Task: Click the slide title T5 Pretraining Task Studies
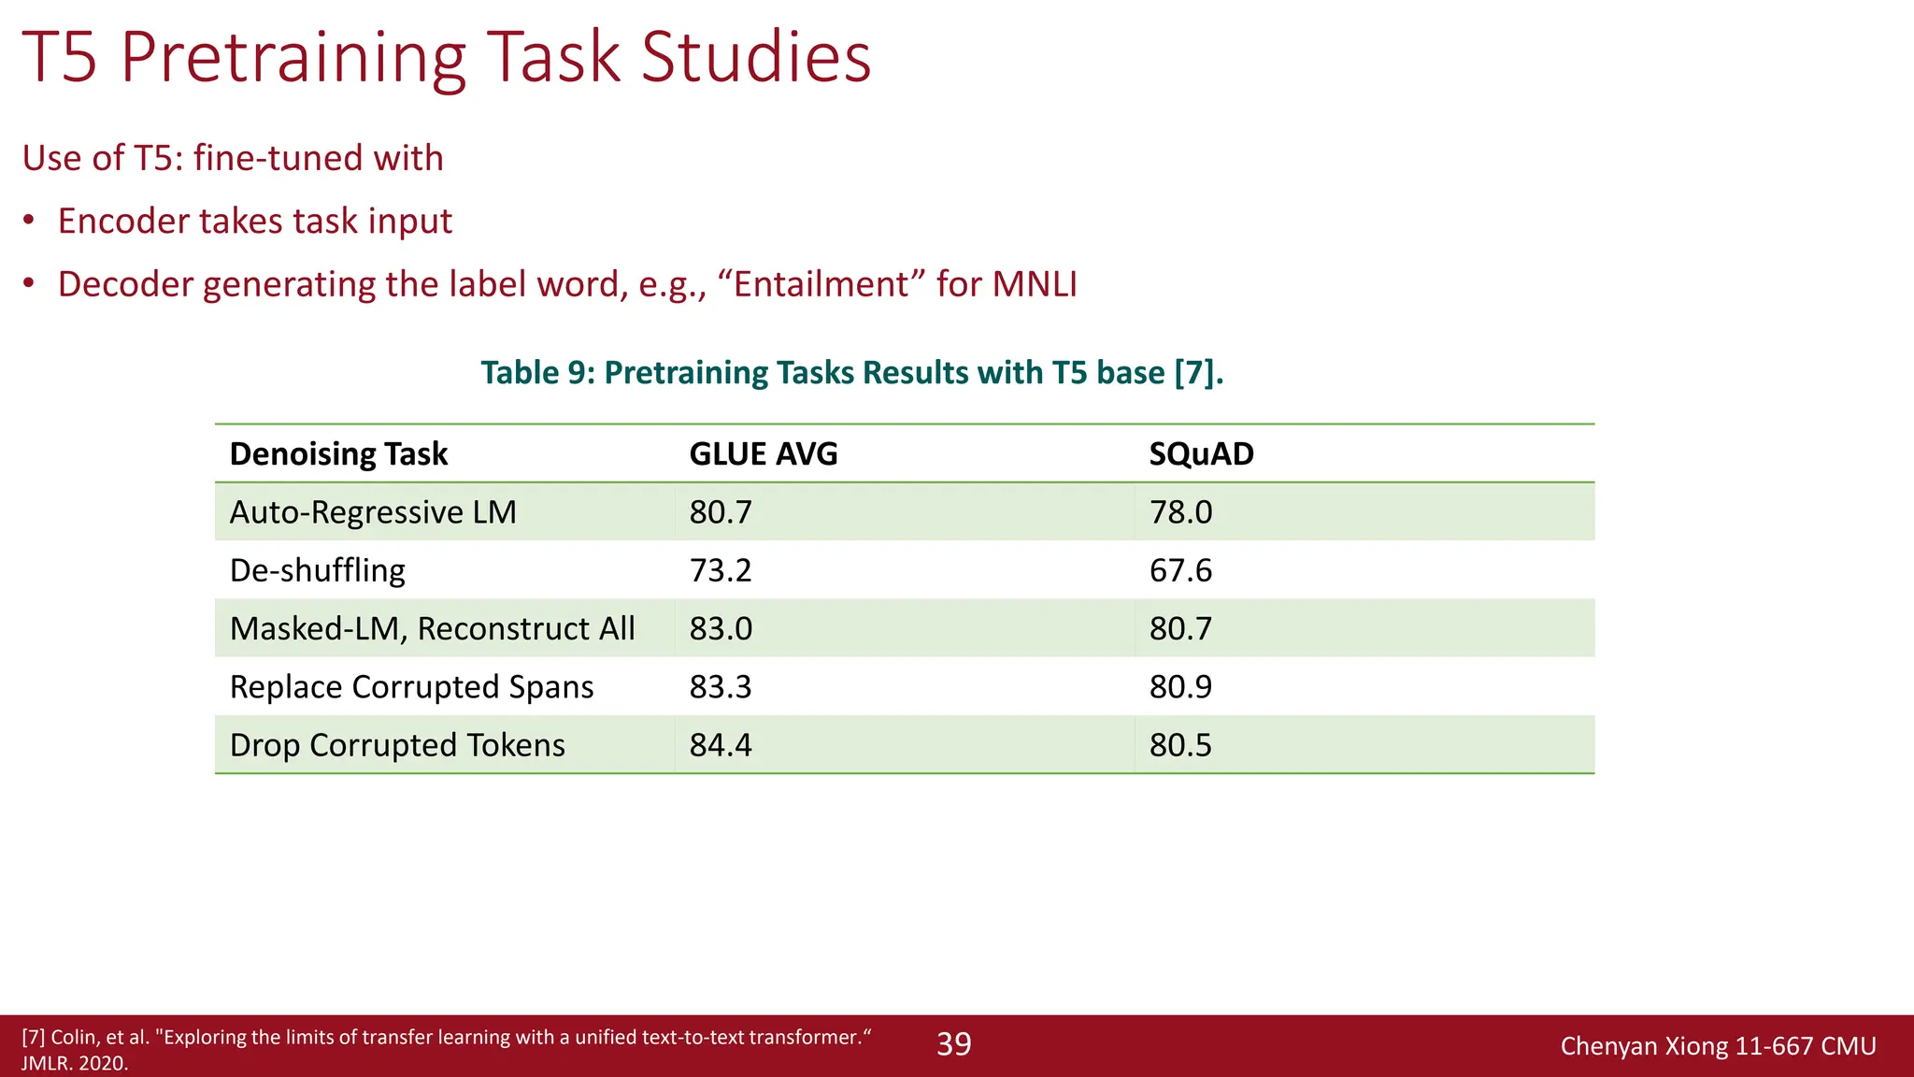point(447,58)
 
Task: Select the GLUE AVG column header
point(764,454)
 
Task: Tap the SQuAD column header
point(1202,454)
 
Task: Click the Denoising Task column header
point(338,454)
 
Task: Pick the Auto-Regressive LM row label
point(373,512)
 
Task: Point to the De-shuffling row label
point(318,570)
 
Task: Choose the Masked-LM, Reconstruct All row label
point(432,629)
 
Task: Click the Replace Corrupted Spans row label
point(411,687)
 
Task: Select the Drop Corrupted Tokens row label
point(397,745)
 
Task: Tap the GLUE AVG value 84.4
point(721,745)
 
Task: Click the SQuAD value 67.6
point(1180,570)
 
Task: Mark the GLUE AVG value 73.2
point(721,570)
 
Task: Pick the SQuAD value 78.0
point(1180,512)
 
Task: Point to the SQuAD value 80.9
point(1180,687)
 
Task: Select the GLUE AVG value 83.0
point(721,629)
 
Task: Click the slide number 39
point(954,1044)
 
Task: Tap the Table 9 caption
point(851,373)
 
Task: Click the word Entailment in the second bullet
point(821,284)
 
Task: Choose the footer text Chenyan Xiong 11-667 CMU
point(1718,1046)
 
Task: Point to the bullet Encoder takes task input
point(254,222)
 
